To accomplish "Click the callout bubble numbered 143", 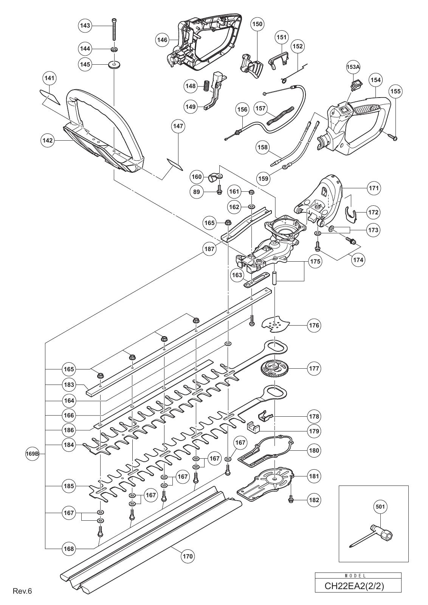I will tap(85, 25).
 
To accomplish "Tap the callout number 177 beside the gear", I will tap(313, 368).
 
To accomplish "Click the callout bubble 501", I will tap(381, 506).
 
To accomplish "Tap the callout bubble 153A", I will tap(353, 67).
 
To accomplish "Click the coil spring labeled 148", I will tap(207, 86).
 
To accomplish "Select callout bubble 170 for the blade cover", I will tap(188, 556).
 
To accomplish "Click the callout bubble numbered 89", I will tap(196, 192).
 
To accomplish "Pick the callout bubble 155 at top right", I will tap(395, 91).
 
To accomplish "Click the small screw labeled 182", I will tap(291, 500).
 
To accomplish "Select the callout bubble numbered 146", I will tap(163, 39).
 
